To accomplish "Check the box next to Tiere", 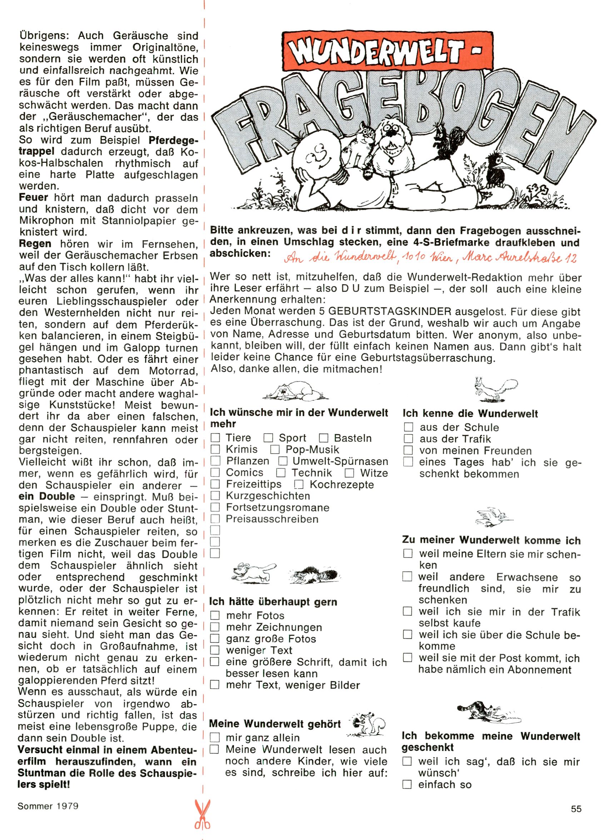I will [215, 438].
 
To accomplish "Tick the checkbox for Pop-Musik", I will [275, 450].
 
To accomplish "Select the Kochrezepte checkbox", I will [299, 484].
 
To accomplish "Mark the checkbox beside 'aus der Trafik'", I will [408, 439].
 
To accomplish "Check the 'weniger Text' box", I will [215, 650].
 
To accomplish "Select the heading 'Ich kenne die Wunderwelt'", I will [470, 413].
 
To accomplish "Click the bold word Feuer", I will [34, 198].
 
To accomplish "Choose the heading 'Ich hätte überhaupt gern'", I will [273, 602].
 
